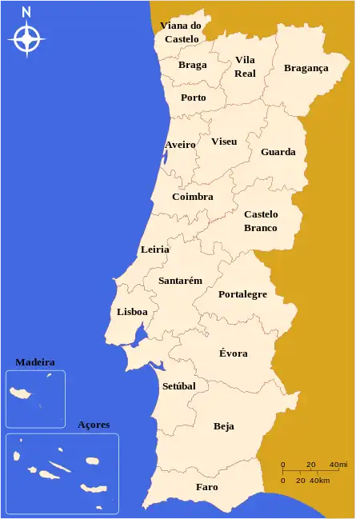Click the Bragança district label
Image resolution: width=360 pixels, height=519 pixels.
(x=306, y=68)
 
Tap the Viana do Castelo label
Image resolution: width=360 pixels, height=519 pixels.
(x=181, y=32)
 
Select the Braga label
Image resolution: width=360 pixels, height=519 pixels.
(x=192, y=65)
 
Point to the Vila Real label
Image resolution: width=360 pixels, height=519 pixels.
(x=245, y=66)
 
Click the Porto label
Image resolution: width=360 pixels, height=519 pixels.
(x=193, y=98)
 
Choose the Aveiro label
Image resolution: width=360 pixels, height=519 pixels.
(x=180, y=145)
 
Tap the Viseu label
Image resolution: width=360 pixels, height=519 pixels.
(x=224, y=142)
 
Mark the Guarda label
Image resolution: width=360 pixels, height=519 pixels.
(x=278, y=152)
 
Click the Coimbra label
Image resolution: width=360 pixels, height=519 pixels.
(x=192, y=197)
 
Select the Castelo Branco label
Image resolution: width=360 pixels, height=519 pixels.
(x=261, y=221)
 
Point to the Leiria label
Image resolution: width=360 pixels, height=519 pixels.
(x=154, y=250)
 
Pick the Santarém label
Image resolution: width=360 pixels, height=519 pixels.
(x=180, y=281)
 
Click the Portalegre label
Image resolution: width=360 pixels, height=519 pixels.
(x=242, y=294)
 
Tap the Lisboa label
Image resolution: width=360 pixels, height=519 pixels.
(x=132, y=312)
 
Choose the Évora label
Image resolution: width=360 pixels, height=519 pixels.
(x=233, y=353)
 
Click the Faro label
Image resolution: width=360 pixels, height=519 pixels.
(x=206, y=486)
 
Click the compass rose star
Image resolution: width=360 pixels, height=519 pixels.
(x=27, y=38)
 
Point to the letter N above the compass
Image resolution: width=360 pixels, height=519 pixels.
(x=27, y=12)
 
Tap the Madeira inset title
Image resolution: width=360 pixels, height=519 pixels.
(x=35, y=362)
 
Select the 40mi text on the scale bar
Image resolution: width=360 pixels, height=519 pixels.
(x=338, y=465)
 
